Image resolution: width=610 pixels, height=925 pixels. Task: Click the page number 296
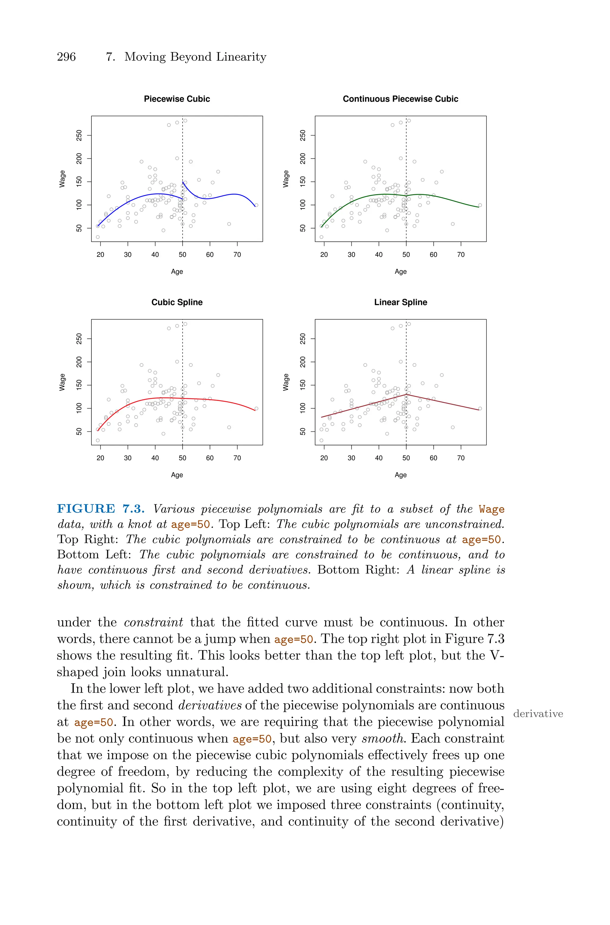66,57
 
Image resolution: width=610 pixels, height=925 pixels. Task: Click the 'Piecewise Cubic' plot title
177,99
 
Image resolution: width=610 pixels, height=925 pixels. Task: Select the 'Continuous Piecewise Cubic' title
400,99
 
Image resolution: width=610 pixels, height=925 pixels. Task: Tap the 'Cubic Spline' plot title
177,302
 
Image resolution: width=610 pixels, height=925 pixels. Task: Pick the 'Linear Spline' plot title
400,302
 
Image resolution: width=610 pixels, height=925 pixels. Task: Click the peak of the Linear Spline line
406,394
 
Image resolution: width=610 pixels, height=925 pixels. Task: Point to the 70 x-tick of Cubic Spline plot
237,458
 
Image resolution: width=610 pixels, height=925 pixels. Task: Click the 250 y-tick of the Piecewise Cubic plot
79,135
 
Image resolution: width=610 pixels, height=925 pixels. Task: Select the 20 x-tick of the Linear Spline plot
324,458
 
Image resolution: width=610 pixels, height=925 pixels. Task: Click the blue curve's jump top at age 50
183,182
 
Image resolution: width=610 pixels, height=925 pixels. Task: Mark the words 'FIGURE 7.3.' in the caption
101,509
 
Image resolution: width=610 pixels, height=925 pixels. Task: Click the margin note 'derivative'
538,714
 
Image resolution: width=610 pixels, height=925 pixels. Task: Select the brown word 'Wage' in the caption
491,509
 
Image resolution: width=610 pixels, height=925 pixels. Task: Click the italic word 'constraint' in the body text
153,622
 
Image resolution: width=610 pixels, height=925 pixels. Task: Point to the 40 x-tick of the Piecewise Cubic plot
155,254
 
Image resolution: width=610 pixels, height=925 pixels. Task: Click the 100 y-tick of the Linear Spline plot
303,408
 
